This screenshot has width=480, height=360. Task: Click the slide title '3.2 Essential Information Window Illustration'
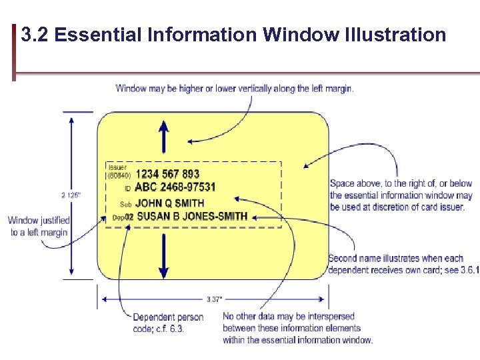(233, 34)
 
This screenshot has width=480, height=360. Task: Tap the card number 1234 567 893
(167, 175)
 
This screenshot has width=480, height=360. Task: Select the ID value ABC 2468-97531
(175, 187)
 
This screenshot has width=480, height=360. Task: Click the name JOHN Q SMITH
(169, 203)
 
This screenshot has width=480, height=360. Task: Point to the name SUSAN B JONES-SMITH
(191, 217)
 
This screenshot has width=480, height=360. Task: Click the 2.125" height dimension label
(71, 195)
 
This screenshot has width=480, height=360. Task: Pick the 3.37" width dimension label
(214, 299)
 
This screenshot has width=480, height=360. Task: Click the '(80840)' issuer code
(119, 176)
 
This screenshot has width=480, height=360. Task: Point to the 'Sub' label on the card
(125, 204)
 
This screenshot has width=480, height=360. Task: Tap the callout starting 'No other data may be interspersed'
(297, 328)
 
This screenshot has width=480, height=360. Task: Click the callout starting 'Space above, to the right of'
(401, 195)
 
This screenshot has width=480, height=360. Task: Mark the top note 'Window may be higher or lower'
(234, 89)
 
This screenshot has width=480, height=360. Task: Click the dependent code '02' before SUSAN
(129, 217)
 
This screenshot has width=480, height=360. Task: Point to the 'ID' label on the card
(127, 189)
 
